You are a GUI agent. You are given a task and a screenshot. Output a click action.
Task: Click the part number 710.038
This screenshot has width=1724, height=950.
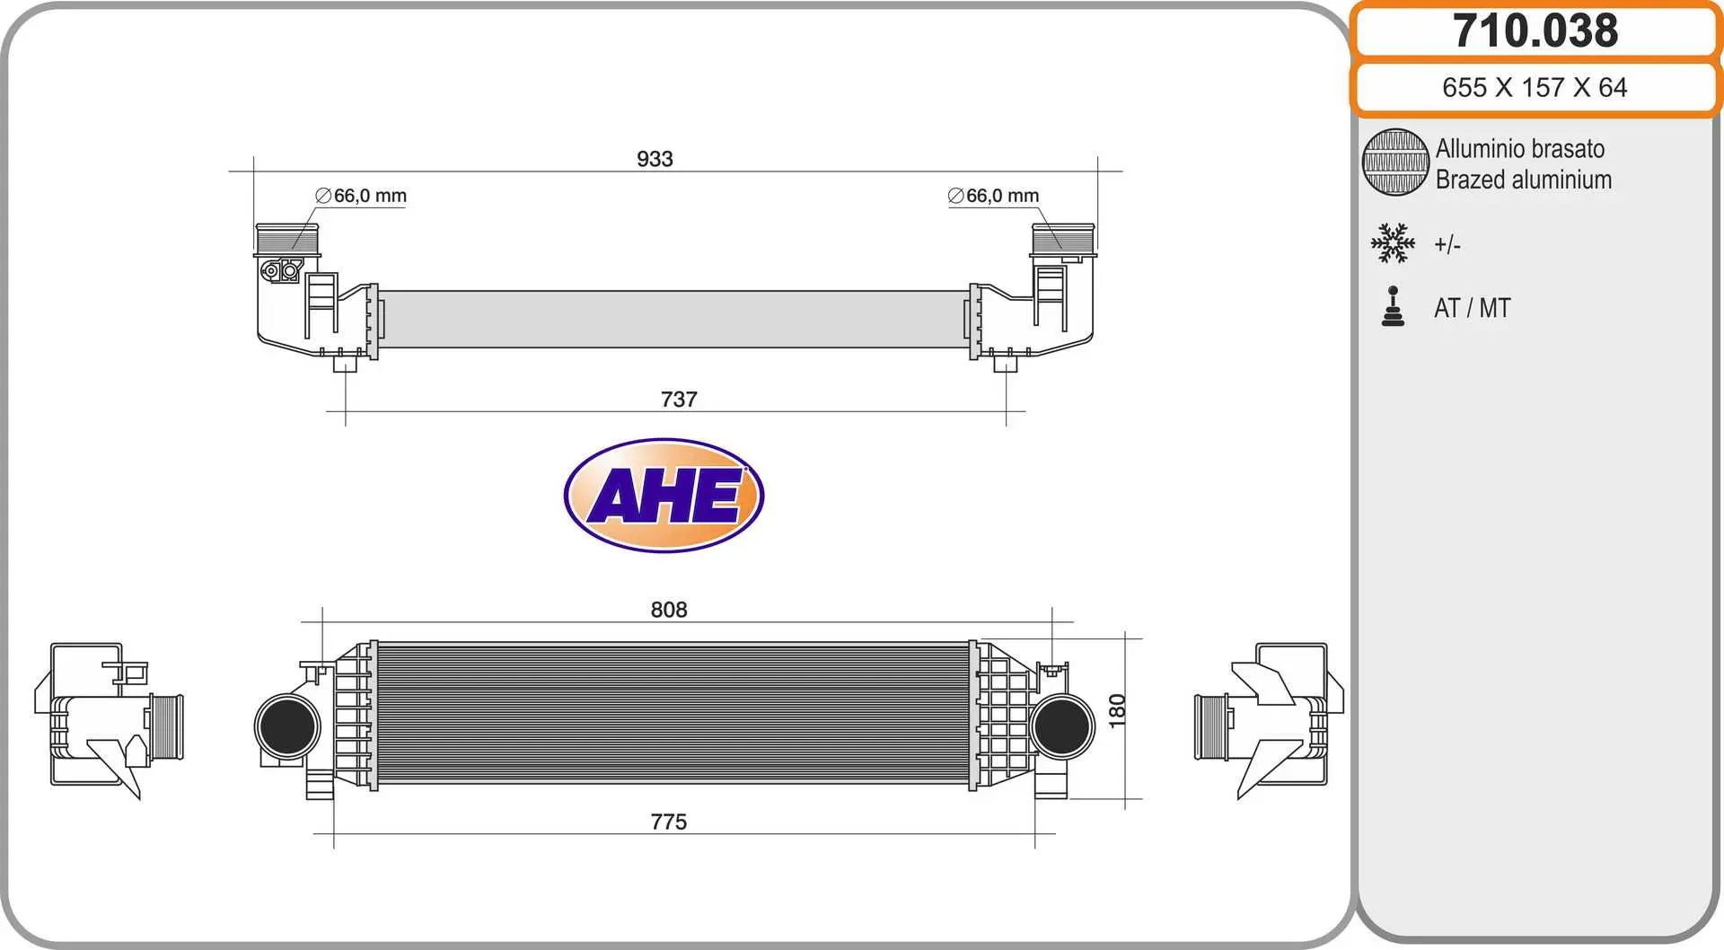(1535, 31)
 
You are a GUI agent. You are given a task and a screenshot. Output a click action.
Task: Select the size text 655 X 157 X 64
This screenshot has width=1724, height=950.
(1535, 87)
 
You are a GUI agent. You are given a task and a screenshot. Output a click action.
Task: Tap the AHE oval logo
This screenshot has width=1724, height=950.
(664, 495)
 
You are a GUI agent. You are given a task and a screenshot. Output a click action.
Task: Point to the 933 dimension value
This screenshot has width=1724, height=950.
(655, 159)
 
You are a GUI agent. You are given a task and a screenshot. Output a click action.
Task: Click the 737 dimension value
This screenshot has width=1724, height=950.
(679, 400)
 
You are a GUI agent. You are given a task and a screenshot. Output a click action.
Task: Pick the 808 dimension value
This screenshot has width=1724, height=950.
(669, 610)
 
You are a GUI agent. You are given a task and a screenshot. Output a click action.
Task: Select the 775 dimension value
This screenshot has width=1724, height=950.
(669, 822)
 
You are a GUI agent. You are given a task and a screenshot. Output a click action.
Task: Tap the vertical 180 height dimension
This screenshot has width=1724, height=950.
(1117, 710)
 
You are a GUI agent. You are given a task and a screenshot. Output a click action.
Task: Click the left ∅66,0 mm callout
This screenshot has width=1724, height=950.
(361, 196)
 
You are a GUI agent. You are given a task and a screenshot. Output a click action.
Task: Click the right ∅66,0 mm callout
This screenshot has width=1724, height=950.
(993, 196)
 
